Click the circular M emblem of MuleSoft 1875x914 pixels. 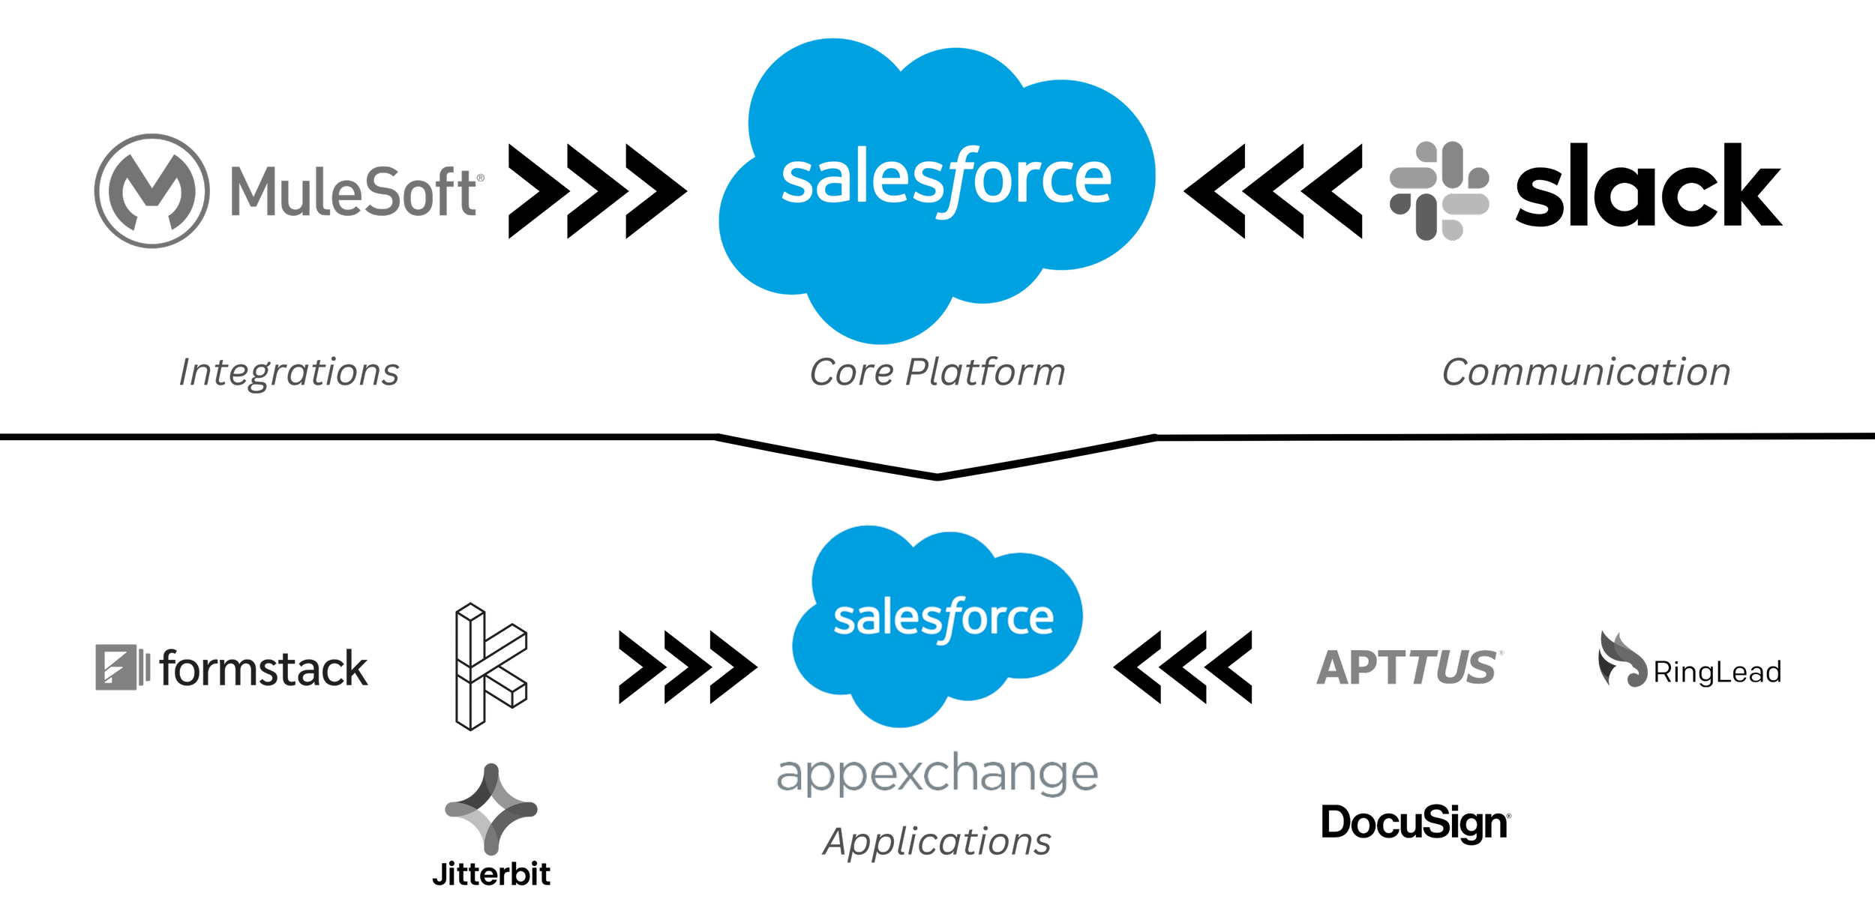click(x=151, y=190)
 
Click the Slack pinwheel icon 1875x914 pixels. click(x=1438, y=191)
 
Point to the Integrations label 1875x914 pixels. click(x=289, y=373)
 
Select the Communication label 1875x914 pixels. click(x=1585, y=373)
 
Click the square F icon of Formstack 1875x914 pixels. click(x=116, y=669)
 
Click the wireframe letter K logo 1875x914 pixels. click(x=491, y=667)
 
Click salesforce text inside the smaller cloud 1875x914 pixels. click(x=943, y=619)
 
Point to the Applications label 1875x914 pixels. click(x=937, y=841)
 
